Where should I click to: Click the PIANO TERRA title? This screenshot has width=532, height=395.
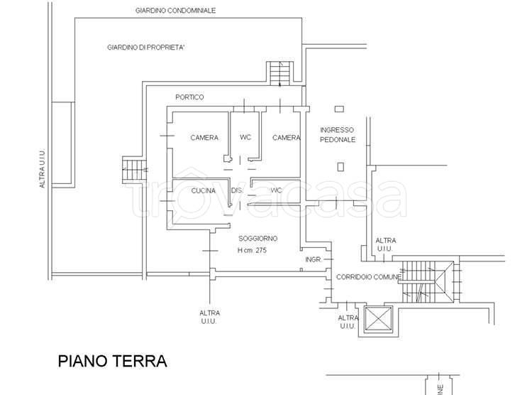pos(112,361)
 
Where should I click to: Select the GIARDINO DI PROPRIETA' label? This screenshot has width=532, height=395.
pos(145,48)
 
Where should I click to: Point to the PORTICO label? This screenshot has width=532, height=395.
pos(189,97)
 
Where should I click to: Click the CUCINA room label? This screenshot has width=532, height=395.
pos(204,190)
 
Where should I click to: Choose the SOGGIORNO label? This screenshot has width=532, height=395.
pos(258,238)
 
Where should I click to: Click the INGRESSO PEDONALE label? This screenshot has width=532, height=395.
pos(338,134)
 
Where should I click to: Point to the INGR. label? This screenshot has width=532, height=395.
pos(314,260)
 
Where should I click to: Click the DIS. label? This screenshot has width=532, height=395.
pos(238,190)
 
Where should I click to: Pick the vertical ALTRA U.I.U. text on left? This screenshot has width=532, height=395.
pos(43,168)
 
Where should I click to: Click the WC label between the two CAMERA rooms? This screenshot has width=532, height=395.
pos(245,137)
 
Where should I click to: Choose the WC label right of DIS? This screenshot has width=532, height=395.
pos(277,190)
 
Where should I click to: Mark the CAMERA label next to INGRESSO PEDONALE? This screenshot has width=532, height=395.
pos(287,137)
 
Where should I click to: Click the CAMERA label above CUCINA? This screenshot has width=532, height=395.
pos(204,137)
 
